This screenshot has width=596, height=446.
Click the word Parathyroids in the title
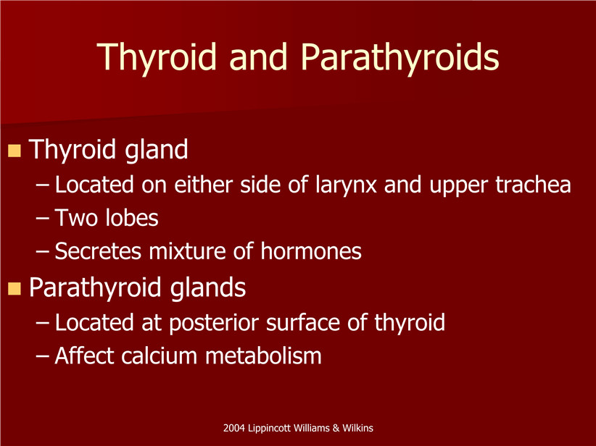[x=400, y=57]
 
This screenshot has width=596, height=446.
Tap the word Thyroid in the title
[x=157, y=57]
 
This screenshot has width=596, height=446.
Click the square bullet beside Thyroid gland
[x=14, y=151]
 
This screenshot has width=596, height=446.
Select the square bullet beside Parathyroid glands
[x=14, y=288]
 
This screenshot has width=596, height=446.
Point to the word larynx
[x=346, y=186]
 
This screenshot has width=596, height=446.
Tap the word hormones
[x=311, y=251]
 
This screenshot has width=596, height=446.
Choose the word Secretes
[x=98, y=251]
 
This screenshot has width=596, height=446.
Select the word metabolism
[x=263, y=355]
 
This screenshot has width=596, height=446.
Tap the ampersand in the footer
[x=336, y=428]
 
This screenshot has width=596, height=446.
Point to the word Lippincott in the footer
[x=269, y=429]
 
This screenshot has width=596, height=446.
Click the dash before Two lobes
[x=42, y=219]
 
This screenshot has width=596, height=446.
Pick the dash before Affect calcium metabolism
[x=42, y=357]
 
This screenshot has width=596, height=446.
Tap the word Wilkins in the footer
[x=357, y=428]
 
